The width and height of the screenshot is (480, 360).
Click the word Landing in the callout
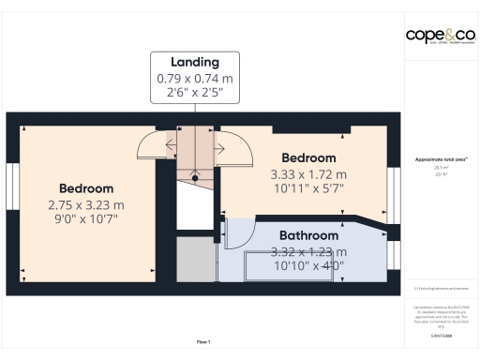195,62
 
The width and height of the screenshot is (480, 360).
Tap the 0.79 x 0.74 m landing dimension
195,79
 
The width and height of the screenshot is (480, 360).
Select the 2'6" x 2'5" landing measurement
195,93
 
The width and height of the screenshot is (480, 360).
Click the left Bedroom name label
86,188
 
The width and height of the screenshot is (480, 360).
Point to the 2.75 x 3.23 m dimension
86,204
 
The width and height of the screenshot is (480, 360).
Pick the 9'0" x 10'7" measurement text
86,218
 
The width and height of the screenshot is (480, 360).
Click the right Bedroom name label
308,158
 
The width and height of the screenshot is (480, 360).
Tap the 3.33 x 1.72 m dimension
308,173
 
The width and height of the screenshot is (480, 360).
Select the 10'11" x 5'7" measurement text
308,187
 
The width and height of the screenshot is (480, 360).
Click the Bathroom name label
308,235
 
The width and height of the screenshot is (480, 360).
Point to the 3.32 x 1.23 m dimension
308,251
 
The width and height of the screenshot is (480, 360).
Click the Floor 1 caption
203,341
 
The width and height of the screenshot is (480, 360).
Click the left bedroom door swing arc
151,145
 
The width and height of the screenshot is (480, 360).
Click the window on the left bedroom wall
12,188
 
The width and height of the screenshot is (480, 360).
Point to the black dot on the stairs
195,175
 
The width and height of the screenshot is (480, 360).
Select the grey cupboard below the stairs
195,258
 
